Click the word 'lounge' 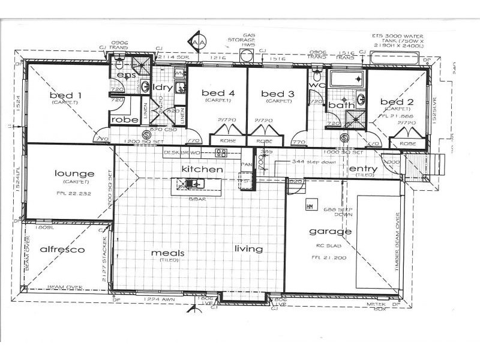tap(74, 174)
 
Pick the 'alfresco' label tap(61, 249)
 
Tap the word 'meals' tap(167, 253)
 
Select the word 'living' tap(248, 248)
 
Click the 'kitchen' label tap(202, 170)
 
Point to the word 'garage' tap(330, 231)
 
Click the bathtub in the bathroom tap(347, 79)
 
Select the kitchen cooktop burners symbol tap(220, 153)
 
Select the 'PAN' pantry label tap(245, 163)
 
